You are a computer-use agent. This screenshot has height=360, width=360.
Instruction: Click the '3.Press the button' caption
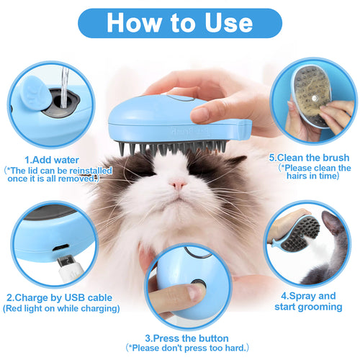[186, 338]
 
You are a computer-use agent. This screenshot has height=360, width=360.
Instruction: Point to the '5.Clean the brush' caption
[309, 157]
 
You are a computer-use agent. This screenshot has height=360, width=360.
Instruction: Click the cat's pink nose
[177, 185]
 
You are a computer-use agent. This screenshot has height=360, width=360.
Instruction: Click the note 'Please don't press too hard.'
[186, 348]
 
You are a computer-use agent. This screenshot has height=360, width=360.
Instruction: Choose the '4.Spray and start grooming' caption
[308, 302]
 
